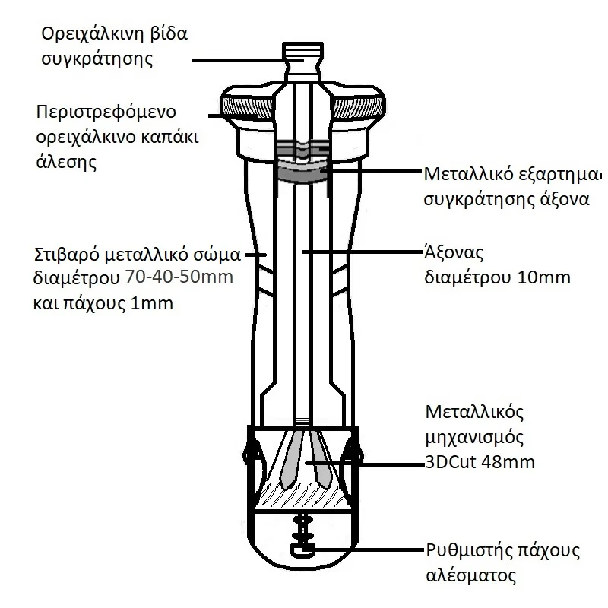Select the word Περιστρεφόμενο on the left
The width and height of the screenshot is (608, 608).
[x=106, y=112]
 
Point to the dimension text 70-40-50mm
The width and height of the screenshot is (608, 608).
[x=179, y=278]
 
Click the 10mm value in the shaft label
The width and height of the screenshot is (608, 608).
[x=543, y=277]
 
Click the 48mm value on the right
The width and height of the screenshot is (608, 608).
[x=510, y=461]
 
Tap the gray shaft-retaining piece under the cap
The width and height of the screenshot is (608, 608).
[x=304, y=172]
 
